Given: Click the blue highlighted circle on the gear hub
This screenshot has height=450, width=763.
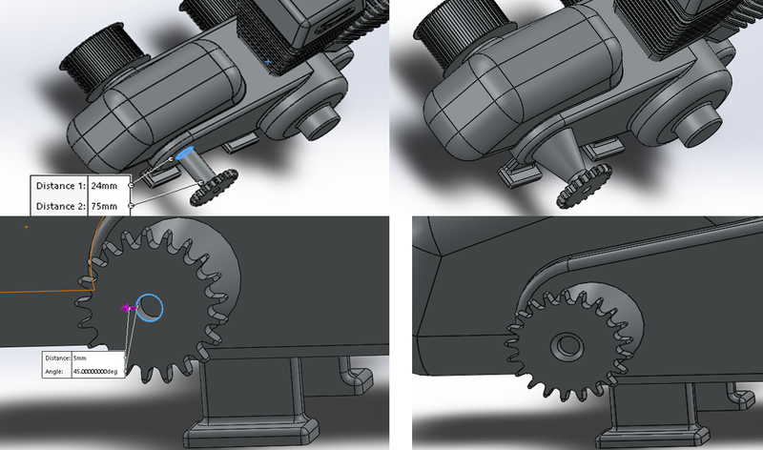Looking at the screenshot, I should point(151,307).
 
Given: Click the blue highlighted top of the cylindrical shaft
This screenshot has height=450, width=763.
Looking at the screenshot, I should point(184,151).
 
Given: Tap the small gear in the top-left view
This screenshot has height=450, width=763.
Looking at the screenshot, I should point(214,187).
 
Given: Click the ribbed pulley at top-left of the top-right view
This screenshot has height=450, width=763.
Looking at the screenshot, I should point(457,48).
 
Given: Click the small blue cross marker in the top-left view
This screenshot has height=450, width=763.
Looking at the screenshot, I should point(268,62).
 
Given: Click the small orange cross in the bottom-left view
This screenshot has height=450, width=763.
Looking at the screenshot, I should point(26,227).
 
